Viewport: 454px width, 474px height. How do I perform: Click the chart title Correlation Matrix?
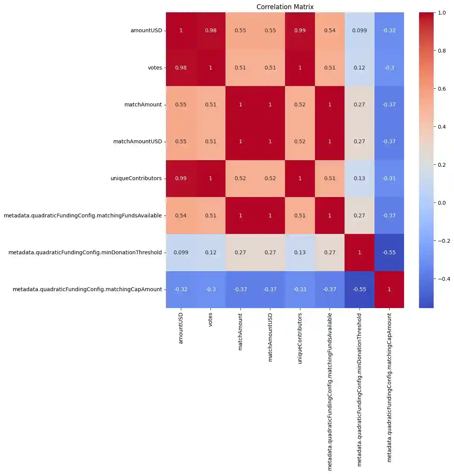(285, 7)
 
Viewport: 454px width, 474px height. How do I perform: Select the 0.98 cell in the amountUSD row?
(210, 30)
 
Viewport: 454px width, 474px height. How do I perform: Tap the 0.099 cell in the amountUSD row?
(360, 30)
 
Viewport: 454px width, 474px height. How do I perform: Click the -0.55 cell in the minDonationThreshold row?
(389, 252)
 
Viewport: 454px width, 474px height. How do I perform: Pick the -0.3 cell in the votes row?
(389, 68)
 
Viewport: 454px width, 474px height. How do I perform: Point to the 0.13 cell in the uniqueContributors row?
(360, 178)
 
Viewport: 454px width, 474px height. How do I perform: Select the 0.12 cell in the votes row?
(360, 68)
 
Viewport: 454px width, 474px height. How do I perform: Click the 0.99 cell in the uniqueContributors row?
(181, 178)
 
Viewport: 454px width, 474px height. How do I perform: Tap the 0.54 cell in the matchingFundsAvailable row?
(181, 215)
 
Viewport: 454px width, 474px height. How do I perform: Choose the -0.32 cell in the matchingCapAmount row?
(181, 289)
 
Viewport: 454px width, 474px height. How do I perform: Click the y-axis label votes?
(155, 68)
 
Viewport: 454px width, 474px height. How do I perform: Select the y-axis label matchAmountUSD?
(138, 141)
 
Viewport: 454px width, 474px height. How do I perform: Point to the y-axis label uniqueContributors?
(136, 178)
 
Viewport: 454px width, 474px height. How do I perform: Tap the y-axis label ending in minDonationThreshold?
(85, 252)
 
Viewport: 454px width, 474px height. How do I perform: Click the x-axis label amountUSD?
(181, 328)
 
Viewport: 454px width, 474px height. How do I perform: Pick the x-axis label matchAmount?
(240, 331)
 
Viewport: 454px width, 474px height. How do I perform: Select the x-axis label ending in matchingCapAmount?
(389, 387)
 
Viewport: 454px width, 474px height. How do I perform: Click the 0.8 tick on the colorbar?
(442, 51)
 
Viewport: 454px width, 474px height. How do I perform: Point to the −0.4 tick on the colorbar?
(444, 279)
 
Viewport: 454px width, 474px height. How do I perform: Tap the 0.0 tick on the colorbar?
(442, 203)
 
